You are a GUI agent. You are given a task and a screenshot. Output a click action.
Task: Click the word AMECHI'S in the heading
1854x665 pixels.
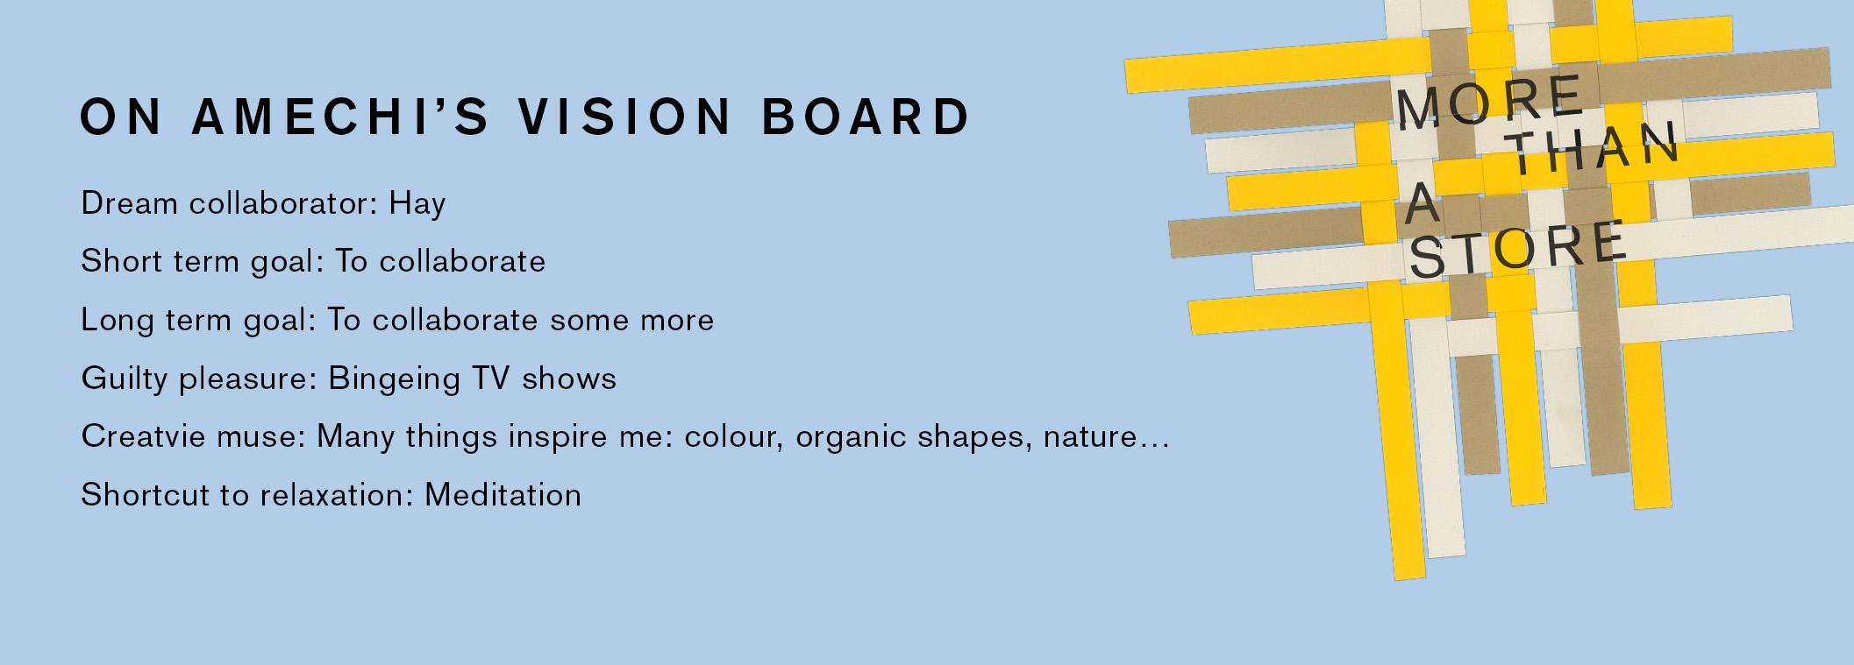point(340,117)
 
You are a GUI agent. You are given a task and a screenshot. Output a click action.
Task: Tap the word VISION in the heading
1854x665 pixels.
point(624,117)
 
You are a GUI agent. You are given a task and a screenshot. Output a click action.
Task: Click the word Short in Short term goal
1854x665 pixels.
point(118,261)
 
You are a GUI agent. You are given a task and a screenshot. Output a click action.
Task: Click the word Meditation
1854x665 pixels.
point(503,495)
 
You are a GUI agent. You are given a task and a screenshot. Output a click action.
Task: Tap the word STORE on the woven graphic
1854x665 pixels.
point(1517,250)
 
